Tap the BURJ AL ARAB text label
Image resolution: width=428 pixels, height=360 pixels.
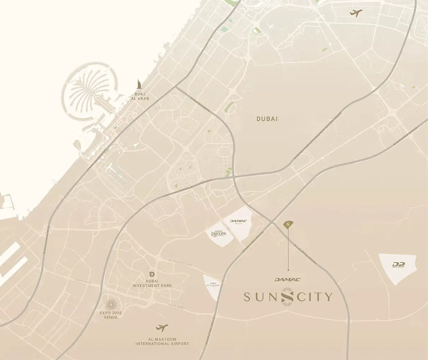[140, 96]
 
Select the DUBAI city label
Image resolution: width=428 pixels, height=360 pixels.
[267, 119]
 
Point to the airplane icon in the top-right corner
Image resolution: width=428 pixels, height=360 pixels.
[356, 13]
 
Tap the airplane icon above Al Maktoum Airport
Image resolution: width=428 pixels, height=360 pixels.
[162, 328]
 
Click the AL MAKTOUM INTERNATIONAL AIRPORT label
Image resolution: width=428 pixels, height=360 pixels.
[162, 341]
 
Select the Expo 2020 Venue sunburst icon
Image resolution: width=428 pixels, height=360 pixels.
[110, 304]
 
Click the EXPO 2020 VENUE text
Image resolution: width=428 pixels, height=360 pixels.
[110, 315]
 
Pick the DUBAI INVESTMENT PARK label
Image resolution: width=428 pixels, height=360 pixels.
[152, 283]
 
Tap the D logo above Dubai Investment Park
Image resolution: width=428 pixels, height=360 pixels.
[152, 273]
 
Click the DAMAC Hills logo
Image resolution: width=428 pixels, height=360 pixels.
[238, 221]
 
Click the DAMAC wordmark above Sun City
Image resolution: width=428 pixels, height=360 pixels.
[287, 279]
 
